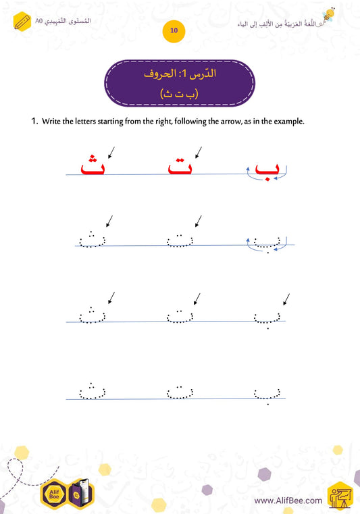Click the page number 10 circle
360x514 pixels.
click(174, 31)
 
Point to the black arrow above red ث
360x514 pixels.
click(109, 151)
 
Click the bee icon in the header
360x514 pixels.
click(329, 16)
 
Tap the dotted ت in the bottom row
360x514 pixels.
click(179, 391)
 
